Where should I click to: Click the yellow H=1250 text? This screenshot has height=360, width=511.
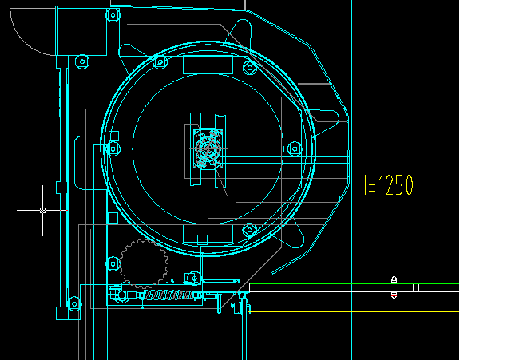click(385, 185)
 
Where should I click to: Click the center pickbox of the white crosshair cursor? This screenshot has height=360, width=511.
click(42, 211)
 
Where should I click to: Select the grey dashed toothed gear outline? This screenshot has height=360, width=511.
click(144, 264)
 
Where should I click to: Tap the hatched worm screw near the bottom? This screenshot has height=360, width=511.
click(168, 295)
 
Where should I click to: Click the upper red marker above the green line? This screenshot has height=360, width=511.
click(394, 279)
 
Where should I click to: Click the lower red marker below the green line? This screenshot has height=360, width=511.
click(394, 295)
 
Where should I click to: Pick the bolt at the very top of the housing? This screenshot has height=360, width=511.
click(113, 15)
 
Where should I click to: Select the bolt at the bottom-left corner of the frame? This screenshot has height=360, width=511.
click(74, 304)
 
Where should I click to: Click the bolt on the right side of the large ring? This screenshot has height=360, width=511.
click(295, 149)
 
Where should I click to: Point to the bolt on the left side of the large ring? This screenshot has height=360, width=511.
click(113, 149)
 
